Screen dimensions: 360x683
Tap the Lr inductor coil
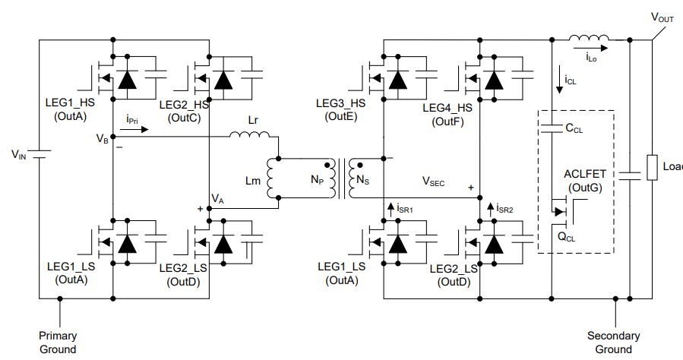[x=249, y=136]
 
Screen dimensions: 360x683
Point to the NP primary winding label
[x=318, y=181]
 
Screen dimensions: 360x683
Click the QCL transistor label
[x=568, y=236]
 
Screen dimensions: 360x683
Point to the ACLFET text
[x=583, y=174]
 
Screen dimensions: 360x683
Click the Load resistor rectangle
[x=651, y=167]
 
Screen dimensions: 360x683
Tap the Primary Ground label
[x=58, y=342]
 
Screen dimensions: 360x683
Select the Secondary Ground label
[x=613, y=342]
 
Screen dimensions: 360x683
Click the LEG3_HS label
[x=341, y=103]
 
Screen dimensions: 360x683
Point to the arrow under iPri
[x=131, y=129]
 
